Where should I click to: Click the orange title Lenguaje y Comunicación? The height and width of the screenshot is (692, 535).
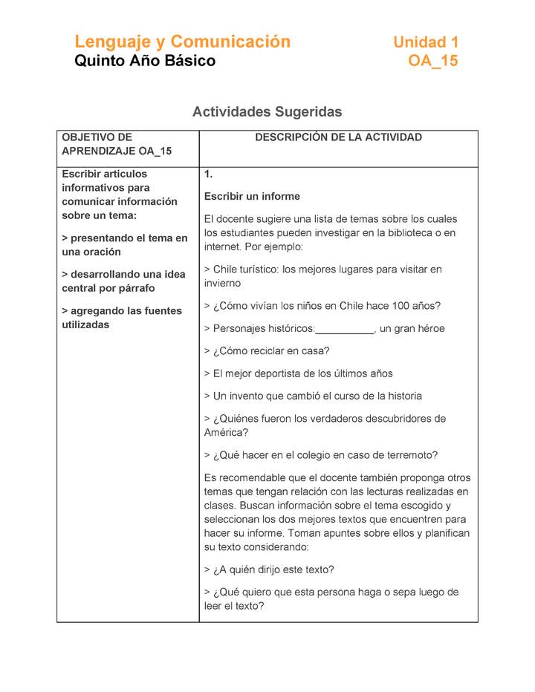[182, 42]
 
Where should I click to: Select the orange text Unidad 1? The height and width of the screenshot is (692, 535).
[426, 42]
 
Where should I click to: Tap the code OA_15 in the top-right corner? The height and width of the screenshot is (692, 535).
[433, 62]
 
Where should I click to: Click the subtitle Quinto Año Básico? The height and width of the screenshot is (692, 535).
[145, 62]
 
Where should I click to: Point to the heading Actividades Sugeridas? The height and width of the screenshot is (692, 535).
[267, 112]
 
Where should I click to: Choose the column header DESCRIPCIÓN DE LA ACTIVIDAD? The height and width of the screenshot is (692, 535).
[338, 137]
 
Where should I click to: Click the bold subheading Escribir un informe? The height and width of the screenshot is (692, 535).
[252, 197]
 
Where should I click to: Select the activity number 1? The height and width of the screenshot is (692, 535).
[209, 174]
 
